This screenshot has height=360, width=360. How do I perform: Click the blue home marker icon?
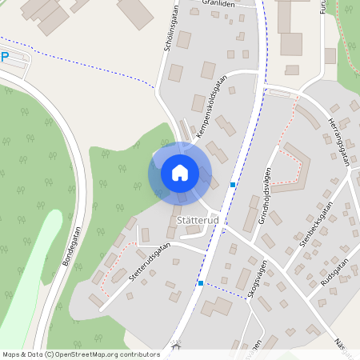pos(180,173)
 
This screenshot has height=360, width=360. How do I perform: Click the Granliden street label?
pos(219,4)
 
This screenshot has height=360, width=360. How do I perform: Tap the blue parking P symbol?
pos(5,58)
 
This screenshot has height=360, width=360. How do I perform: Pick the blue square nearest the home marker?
pos(233,185)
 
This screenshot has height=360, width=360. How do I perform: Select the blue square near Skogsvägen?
pos(200,283)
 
